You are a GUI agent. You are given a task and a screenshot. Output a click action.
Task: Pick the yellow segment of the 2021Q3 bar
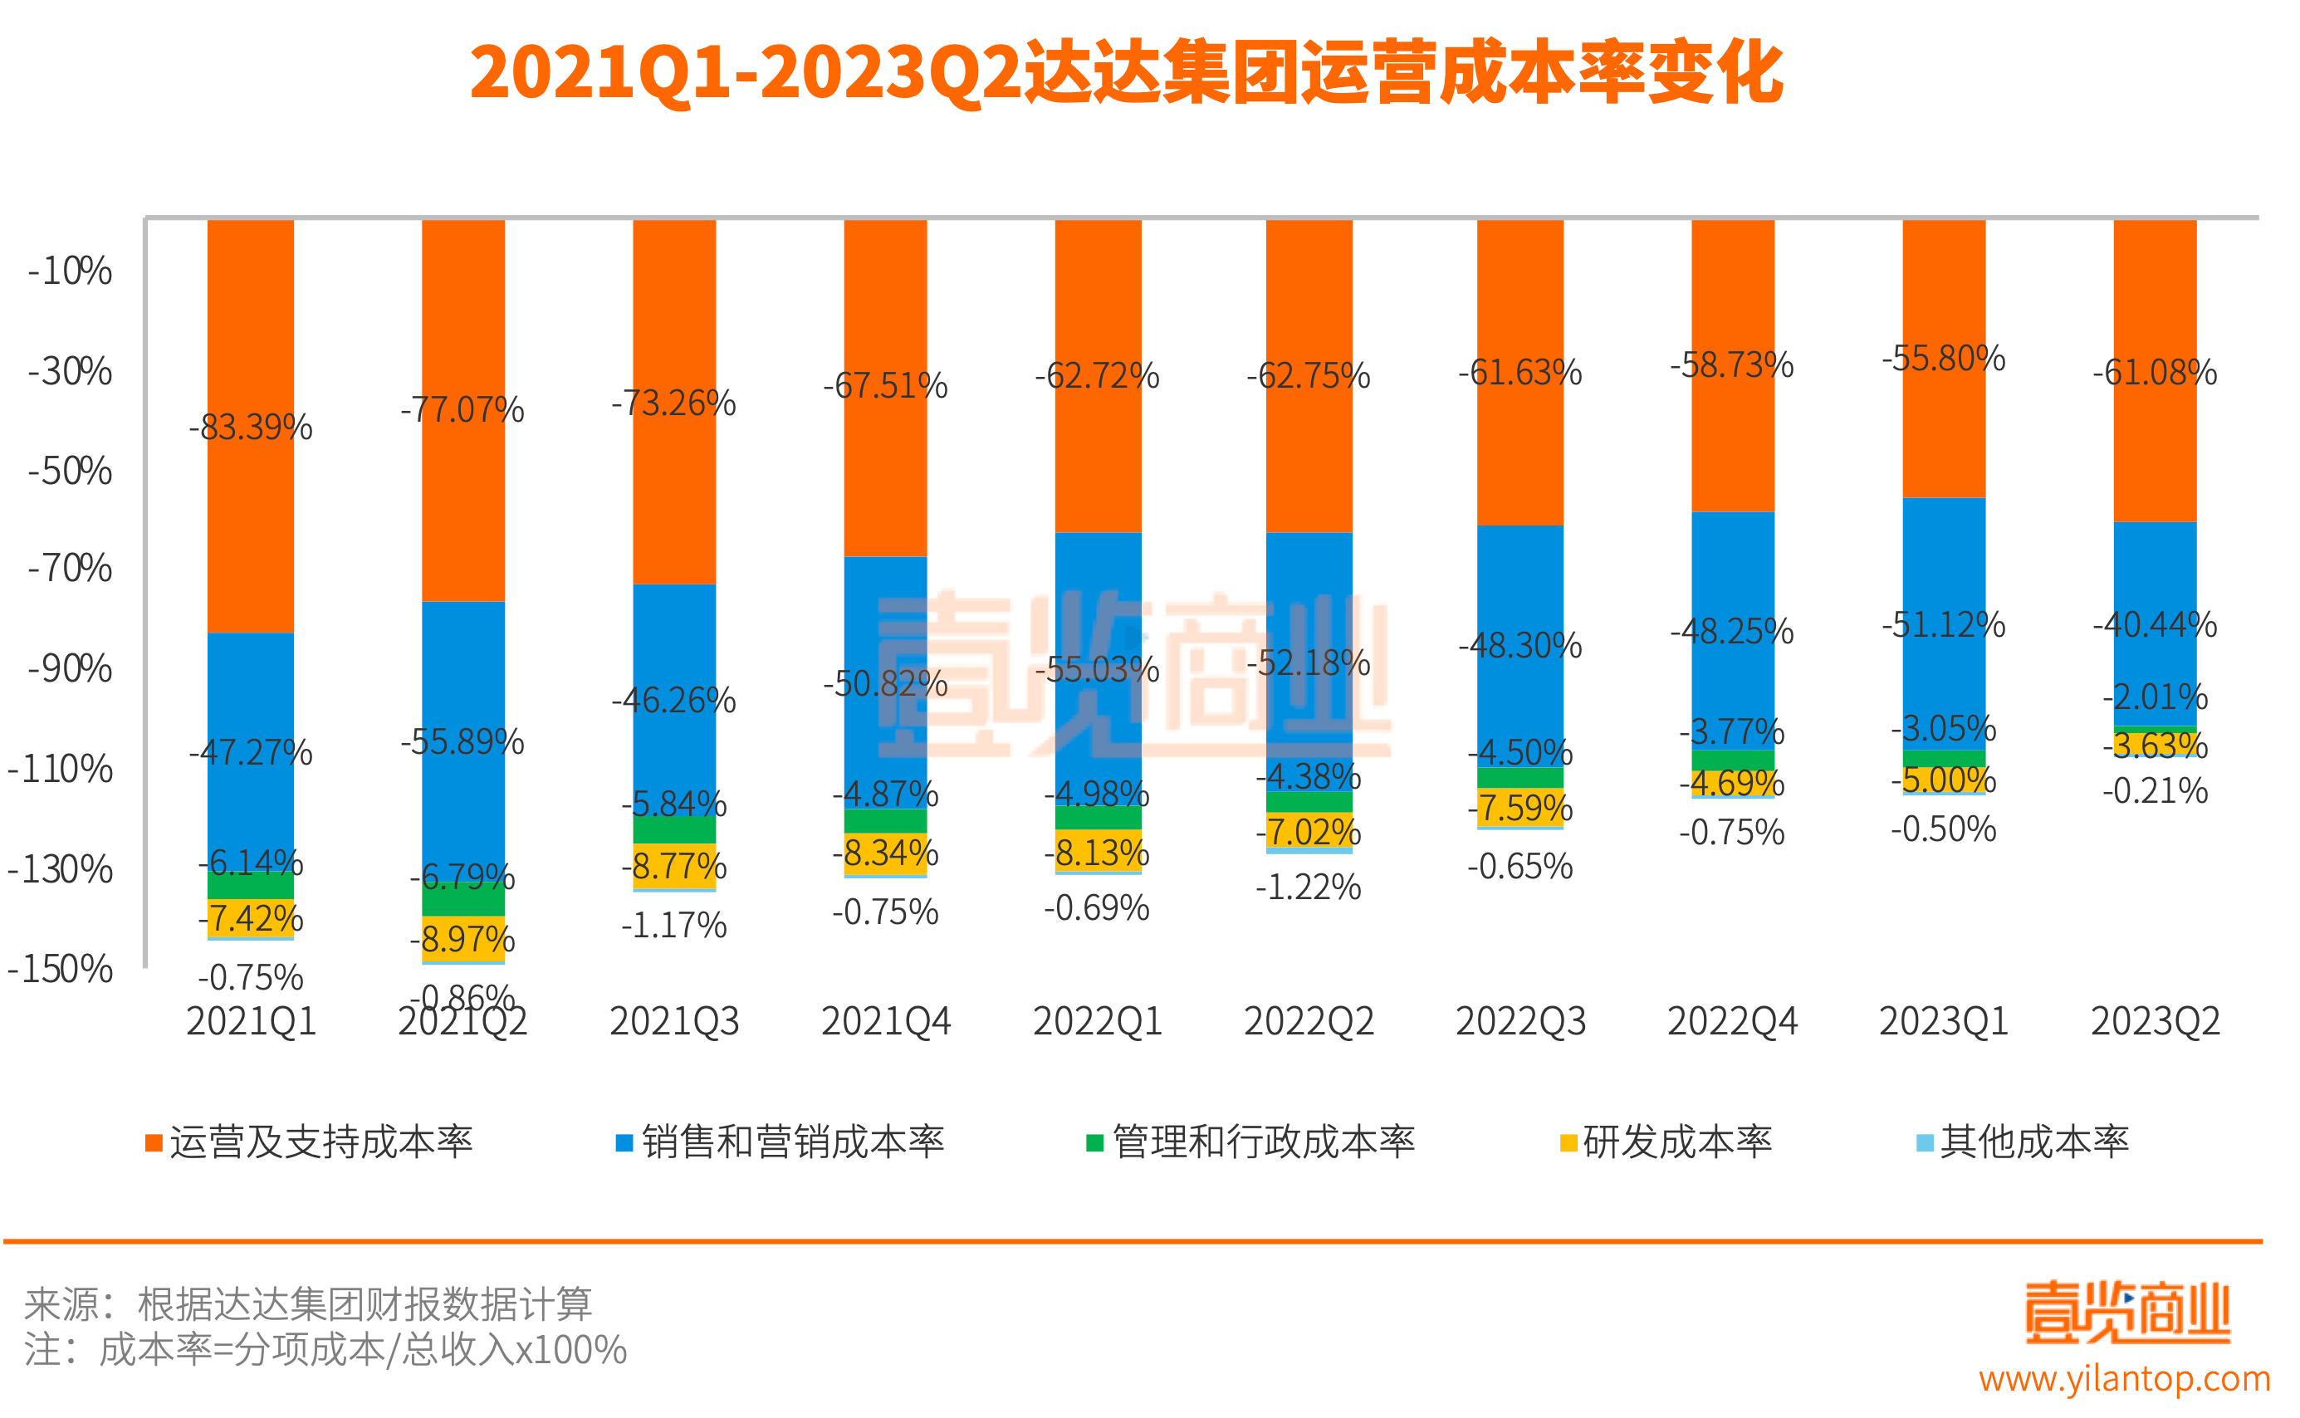(x=673, y=866)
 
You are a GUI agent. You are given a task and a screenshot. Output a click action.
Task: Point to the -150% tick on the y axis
(x=60, y=969)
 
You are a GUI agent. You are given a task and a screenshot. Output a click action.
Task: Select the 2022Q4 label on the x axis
(x=1731, y=1021)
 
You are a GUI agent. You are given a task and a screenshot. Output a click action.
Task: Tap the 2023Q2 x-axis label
(x=2155, y=1021)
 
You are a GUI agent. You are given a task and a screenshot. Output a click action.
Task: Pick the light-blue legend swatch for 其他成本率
(x=1925, y=1143)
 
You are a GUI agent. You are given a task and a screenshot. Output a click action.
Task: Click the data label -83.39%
(x=251, y=428)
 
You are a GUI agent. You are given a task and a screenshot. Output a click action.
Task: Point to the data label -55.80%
(x=1943, y=359)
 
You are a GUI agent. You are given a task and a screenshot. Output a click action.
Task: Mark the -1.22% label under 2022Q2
(x=1309, y=887)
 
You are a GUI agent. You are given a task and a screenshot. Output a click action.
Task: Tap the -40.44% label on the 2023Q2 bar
(x=2155, y=624)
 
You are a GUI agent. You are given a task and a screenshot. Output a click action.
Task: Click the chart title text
(x=1126, y=72)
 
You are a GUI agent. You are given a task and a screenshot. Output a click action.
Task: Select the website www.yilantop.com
(x=2124, y=1380)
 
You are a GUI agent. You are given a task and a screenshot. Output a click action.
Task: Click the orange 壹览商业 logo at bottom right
(x=2126, y=1312)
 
